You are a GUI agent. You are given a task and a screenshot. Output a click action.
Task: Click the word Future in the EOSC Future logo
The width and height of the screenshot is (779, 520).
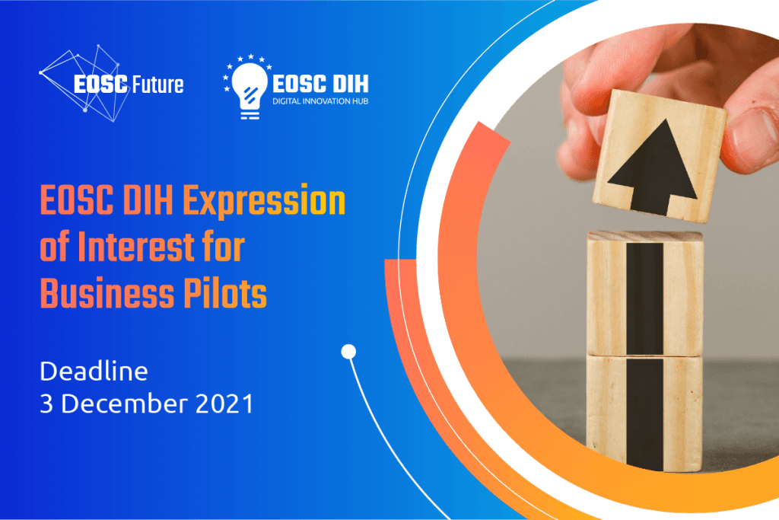157,85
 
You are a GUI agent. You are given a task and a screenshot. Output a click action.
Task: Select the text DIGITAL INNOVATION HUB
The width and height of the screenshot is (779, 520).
320,101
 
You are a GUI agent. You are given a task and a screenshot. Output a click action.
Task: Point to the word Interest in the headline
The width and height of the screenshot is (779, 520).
137,247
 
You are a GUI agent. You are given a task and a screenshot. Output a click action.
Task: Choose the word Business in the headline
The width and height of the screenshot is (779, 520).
107,293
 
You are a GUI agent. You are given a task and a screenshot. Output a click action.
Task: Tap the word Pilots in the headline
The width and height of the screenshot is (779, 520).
225,293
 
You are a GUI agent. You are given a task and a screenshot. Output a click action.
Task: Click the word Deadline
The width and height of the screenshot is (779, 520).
94,372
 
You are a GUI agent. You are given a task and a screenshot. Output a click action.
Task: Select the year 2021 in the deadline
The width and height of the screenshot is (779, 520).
224,404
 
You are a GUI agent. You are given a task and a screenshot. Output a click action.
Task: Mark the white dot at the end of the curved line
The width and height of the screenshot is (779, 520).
348,352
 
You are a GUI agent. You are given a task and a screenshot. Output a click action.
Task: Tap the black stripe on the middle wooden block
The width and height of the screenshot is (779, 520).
645,298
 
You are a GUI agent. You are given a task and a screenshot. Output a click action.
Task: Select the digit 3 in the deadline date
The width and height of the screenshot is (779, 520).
46,404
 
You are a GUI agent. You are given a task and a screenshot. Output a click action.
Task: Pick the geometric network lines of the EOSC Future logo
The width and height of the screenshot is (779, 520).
82,82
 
